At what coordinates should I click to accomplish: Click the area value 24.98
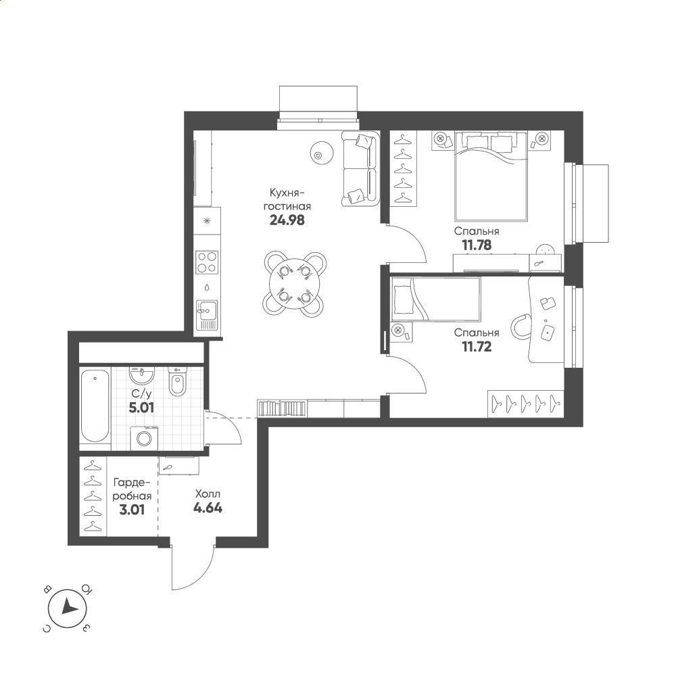(287, 220)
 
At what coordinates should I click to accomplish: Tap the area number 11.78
(477, 245)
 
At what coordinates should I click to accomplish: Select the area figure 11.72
(477, 347)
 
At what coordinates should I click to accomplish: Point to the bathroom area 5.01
(141, 408)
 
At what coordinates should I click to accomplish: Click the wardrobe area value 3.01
(132, 510)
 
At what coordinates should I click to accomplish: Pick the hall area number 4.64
(208, 508)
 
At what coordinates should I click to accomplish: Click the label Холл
(208, 494)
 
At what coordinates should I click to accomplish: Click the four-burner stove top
(207, 262)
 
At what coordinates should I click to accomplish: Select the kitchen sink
(207, 315)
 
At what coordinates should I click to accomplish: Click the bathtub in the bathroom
(95, 406)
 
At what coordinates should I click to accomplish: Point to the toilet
(176, 381)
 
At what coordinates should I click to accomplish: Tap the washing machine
(144, 438)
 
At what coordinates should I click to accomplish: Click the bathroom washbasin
(141, 375)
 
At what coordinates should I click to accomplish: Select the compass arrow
(69, 607)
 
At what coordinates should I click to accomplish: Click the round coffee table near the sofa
(322, 152)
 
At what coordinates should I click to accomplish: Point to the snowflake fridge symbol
(207, 221)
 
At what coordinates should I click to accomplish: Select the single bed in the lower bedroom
(435, 299)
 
